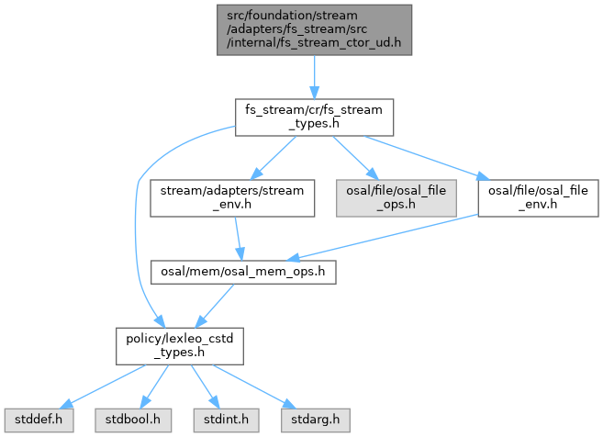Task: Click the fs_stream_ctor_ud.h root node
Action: (315, 30)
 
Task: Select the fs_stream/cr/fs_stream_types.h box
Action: (315, 117)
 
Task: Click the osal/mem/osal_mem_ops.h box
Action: (243, 273)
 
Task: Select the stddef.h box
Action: (33, 420)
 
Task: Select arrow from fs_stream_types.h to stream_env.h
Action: (276, 155)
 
